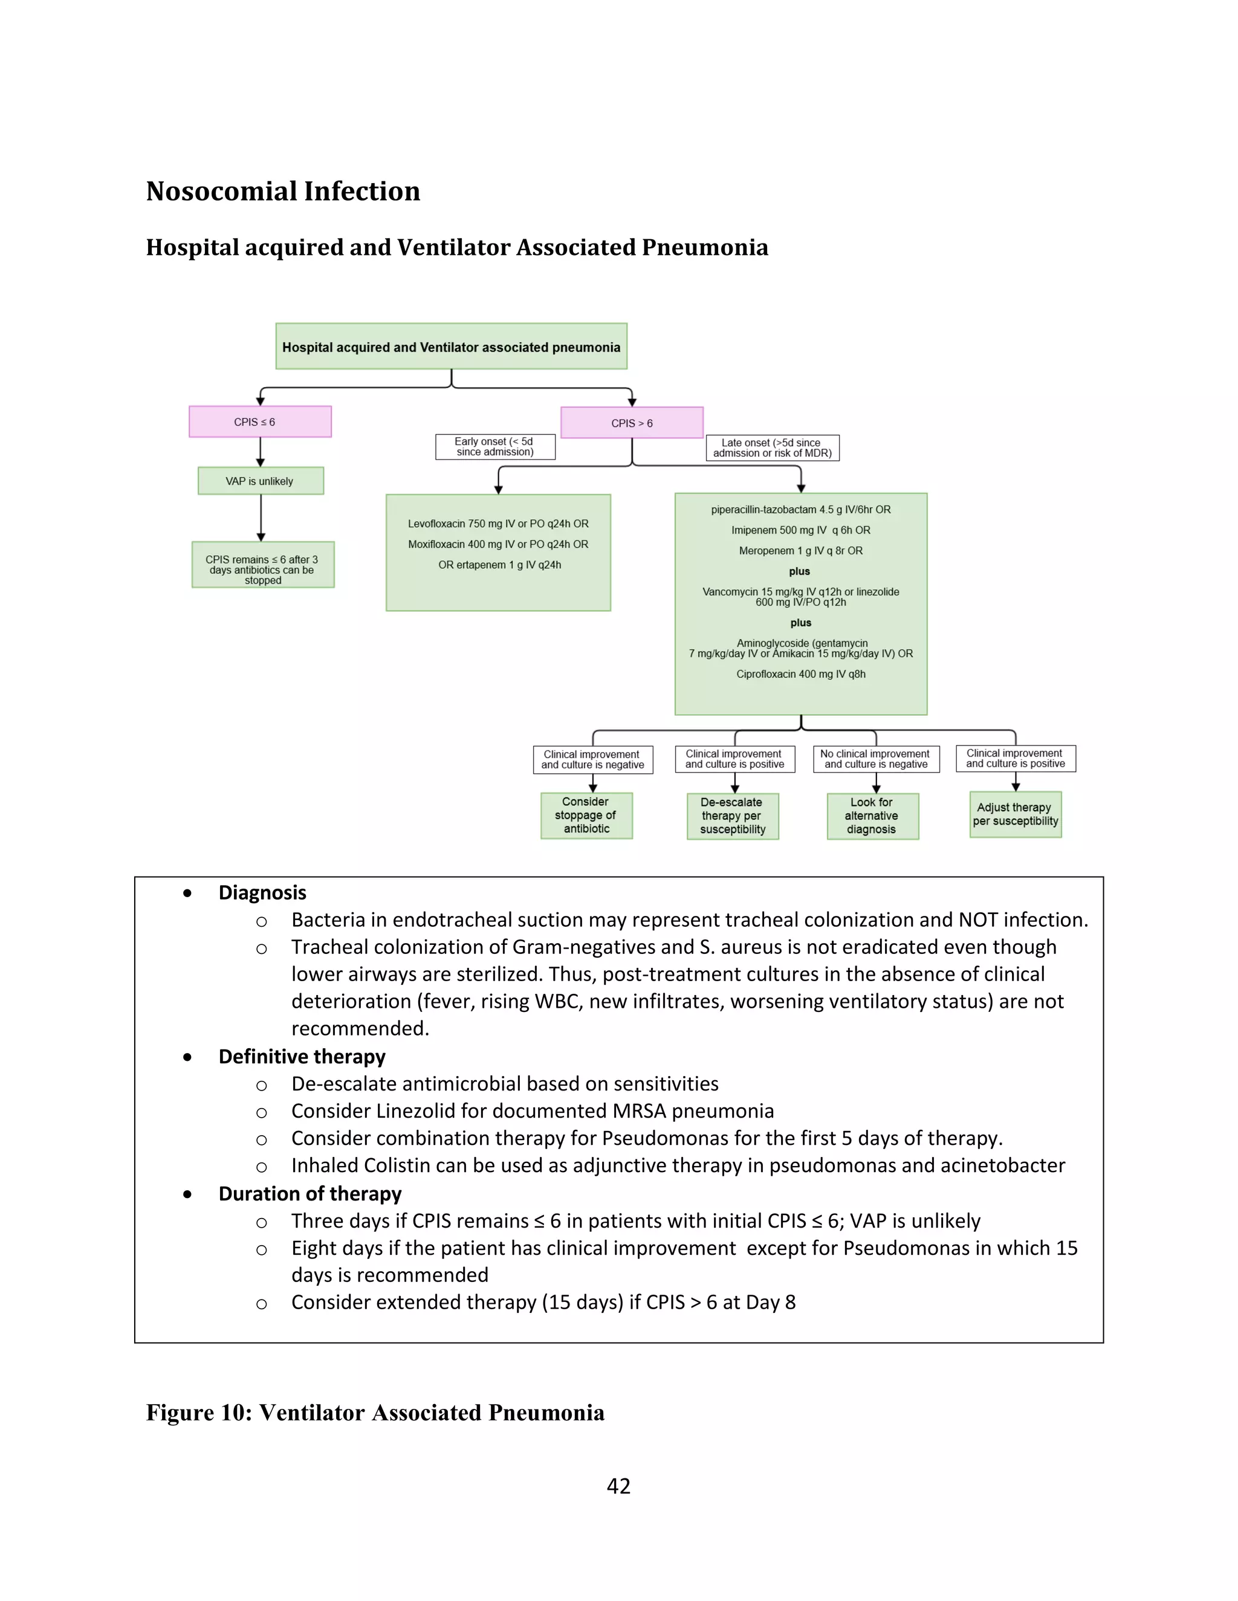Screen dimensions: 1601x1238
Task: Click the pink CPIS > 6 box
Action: pos(632,423)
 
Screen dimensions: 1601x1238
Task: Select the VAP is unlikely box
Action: pos(261,481)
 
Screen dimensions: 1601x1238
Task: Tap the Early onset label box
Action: pos(495,446)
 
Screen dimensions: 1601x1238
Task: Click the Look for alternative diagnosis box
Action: pos(872,816)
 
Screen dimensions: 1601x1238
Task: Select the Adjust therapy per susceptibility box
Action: pos(1015,814)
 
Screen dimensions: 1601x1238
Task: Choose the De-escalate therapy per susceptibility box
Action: pos(732,816)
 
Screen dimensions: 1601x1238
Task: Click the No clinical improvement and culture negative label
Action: pos(876,759)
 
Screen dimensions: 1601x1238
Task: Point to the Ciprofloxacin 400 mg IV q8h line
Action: pos(801,674)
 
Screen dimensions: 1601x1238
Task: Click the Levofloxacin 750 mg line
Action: pos(498,523)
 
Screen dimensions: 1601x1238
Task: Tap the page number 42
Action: pos(618,1486)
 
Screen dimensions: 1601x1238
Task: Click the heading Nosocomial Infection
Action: pos(283,192)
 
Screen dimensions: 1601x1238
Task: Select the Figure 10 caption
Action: pos(375,1413)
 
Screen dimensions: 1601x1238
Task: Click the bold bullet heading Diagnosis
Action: pos(262,892)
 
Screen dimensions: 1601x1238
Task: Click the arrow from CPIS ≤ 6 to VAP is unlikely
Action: pos(261,453)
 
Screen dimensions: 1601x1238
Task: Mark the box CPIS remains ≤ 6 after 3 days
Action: pos(262,564)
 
